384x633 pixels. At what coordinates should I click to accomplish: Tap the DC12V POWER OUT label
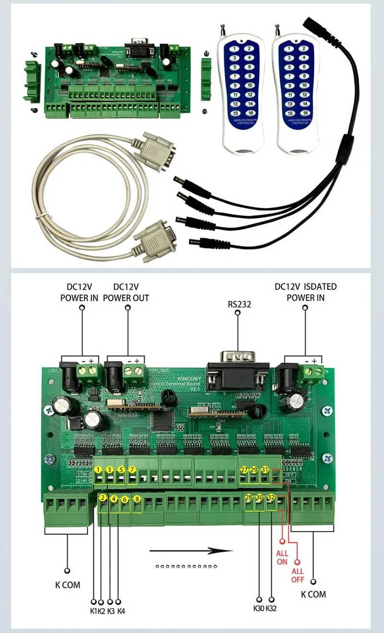(x=128, y=292)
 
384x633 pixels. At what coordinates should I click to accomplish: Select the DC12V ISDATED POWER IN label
(x=306, y=292)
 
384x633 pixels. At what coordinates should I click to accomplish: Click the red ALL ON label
(x=282, y=558)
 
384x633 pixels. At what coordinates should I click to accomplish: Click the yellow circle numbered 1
(x=98, y=470)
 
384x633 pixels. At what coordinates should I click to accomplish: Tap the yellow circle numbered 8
(x=137, y=499)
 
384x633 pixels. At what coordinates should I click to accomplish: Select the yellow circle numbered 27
(x=244, y=470)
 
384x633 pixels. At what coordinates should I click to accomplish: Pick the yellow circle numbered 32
(x=271, y=497)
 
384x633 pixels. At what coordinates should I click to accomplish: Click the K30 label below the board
(x=259, y=608)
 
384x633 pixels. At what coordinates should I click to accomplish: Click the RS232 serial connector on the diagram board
(x=237, y=372)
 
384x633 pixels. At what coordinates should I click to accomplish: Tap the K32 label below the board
(x=271, y=608)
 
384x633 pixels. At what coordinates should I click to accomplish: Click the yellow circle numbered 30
(x=260, y=497)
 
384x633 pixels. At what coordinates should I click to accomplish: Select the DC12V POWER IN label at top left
(x=79, y=292)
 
